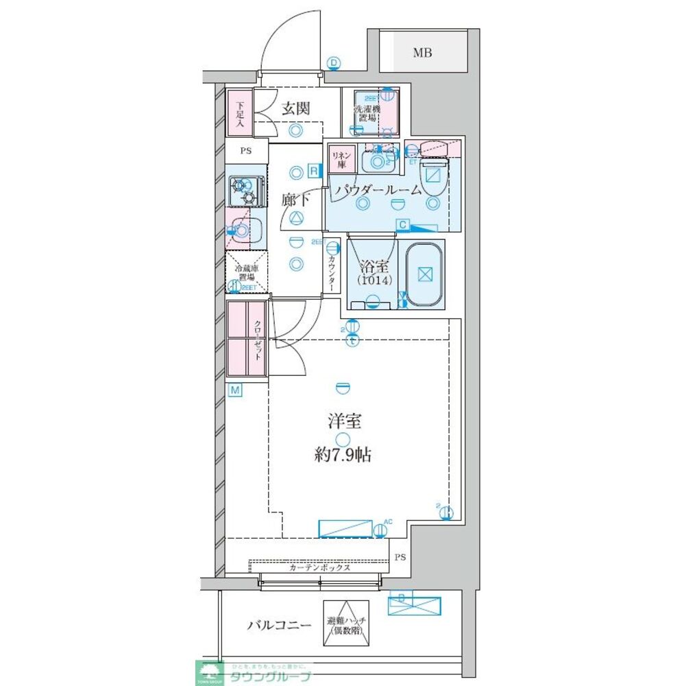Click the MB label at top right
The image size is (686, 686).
421,53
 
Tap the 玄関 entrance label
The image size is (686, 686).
295,108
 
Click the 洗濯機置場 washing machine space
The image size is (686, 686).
369,113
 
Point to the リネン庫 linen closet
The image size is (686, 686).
341,160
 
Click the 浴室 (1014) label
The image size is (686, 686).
372,273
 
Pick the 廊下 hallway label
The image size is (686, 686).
295,200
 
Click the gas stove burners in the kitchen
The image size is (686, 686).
245,191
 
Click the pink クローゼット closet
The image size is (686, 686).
247,338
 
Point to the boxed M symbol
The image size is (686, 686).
235,390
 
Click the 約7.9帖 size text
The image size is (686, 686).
343,454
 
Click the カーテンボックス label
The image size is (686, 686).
319,567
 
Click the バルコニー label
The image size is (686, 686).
279,625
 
